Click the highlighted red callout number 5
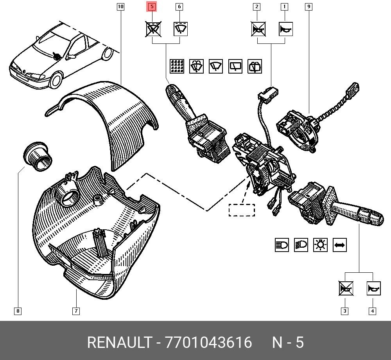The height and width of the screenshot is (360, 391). click(x=152, y=7)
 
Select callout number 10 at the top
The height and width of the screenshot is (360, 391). click(x=120, y=7)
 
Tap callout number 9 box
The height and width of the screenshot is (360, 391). click(x=309, y=7)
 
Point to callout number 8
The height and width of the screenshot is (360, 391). click(x=18, y=311)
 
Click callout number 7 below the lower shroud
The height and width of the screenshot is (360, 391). click(x=76, y=311)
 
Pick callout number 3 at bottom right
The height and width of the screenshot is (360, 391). click(x=344, y=311)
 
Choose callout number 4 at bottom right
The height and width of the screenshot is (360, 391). click(x=372, y=311)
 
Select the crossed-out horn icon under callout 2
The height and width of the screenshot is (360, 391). click(x=258, y=29)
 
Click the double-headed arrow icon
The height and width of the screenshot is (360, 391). click(x=339, y=245)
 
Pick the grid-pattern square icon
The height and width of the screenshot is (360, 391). click(x=177, y=66)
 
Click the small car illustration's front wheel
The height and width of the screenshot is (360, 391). click(x=56, y=81)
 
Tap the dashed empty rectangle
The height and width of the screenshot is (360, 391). click(x=242, y=210)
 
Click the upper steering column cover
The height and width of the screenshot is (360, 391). click(x=113, y=117)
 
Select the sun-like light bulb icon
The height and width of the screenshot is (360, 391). click(x=321, y=245)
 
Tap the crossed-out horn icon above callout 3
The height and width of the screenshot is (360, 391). click(x=346, y=289)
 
